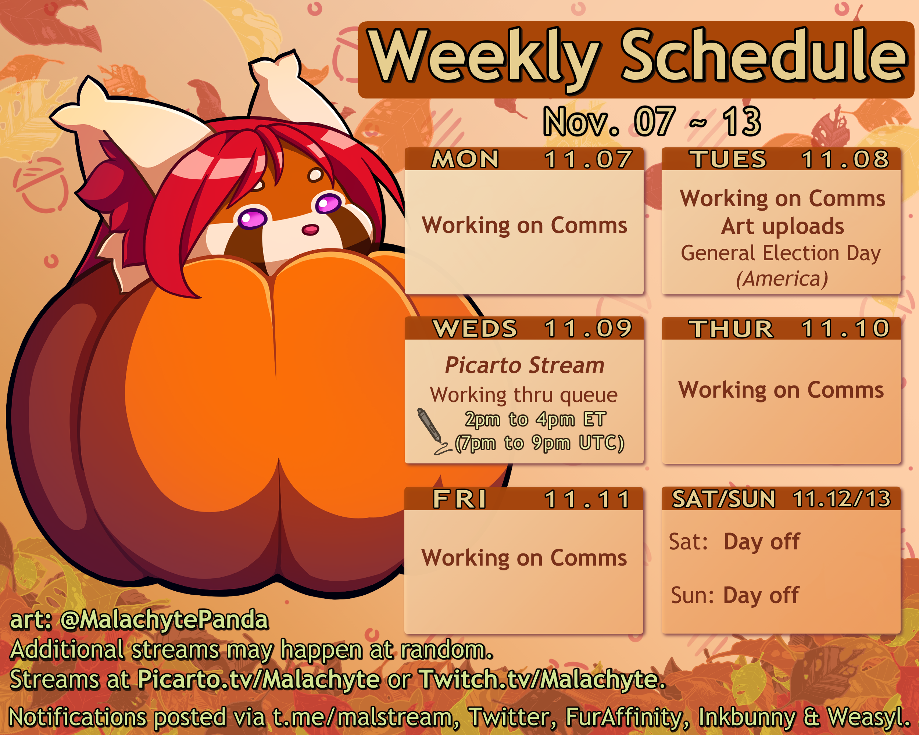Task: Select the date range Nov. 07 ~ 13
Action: click(x=652, y=121)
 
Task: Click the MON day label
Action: click(x=465, y=159)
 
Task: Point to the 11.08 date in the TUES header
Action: click(x=845, y=159)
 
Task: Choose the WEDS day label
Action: click(x=475, y=329)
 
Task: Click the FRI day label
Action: click(x=459, y=499)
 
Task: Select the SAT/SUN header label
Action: click(x=723, y=499)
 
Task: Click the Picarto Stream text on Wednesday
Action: click(x=524, y=366)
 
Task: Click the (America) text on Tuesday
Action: click(x=782, y=279)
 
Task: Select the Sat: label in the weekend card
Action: click(x=688, y=542)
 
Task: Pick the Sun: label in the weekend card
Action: click(x=692, y=595)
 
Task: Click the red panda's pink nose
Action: click(x=310, y=230)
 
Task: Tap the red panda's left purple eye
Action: click(x=253, y=219)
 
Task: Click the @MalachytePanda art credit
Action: click(x=164, y=620)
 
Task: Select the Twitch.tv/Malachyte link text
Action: click(x=542, y=679)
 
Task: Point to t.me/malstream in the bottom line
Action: click(x=362, y=717)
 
